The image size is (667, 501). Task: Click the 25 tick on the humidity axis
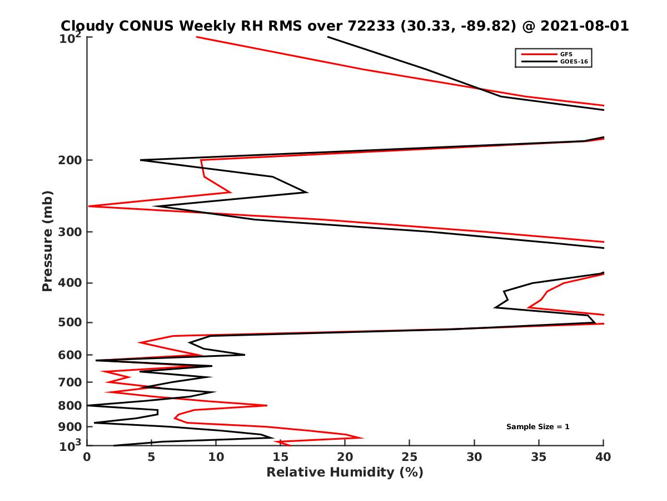410,456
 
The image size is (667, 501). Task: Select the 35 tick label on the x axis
539,456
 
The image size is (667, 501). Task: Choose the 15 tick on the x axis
281,456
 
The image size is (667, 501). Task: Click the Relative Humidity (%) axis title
345,473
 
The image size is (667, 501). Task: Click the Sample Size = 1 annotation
537,427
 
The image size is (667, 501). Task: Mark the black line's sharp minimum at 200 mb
141,160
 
